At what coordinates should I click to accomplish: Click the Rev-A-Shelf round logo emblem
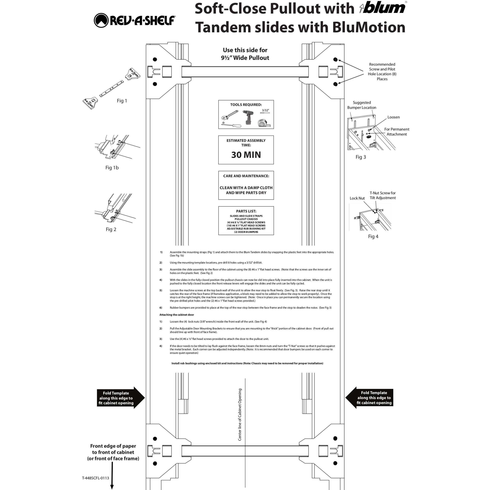click(x=101, y=20)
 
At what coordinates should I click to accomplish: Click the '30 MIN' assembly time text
click(x=246, y=155)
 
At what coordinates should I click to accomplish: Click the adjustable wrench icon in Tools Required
click(x=230, y=115)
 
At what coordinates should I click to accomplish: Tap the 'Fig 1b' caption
click(x=112, y=168)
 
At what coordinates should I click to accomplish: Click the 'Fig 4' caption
click(x=373, y=236)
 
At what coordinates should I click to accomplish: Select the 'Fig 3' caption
click(x=361, y=157)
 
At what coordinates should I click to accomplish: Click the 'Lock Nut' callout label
click(x=357, y=198)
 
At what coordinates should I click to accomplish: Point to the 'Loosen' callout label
click(x=393, y=117)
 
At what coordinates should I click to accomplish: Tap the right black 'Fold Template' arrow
click(x=369, y=397)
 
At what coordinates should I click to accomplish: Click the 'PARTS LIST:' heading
click(x=246, y=211)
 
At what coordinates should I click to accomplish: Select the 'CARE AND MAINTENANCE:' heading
click(x=246, y=176)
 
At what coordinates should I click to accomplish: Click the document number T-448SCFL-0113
click(x=95, y=478)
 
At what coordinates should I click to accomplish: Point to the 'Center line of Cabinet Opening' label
click(x=240, y=414)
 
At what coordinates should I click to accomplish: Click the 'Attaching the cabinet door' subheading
click(x=177, y=315)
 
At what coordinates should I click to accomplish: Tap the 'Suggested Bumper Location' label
click(x=362, y=105)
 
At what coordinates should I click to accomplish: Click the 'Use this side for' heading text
click(x=245, y=50)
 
